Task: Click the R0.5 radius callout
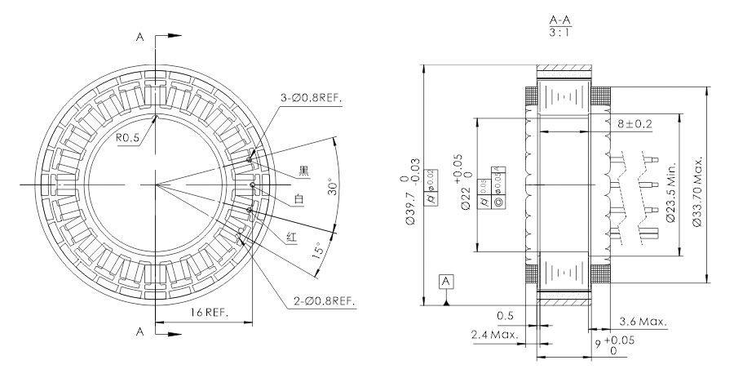point(127,138)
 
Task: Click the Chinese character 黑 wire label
point(303,171)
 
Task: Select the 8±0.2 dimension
point(635,124)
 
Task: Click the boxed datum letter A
point(446,282)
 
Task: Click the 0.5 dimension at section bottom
point(505,316)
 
